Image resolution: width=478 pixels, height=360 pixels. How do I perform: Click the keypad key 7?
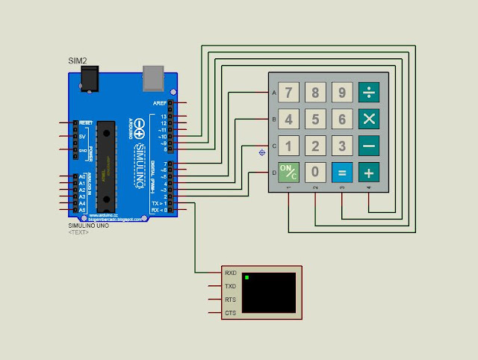tap(288, 93)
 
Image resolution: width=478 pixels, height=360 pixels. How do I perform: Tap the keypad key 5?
tap(315, 120)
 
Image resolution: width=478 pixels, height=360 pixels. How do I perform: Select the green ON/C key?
tap(288, 173)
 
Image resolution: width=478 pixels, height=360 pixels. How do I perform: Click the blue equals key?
tap(342, 173)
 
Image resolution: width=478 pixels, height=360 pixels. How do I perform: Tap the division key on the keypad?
tap(369, 93)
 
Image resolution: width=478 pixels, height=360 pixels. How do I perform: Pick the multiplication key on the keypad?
tap(369, 120)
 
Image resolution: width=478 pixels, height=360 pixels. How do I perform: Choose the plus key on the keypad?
tap(369, 173)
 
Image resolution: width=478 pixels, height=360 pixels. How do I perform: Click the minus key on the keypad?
tap(369, 146)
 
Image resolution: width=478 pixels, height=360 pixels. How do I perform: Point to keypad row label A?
tap(274, 93)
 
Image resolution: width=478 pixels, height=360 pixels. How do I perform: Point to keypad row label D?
tap(274, 173)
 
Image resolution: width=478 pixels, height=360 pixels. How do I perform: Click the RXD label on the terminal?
tap(230, 273)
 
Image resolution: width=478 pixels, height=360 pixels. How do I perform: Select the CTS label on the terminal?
tap(230, 312)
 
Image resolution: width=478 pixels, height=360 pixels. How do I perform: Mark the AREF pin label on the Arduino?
tap(160, 103)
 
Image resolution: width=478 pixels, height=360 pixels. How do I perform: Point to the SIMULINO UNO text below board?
tap(88, 226)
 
